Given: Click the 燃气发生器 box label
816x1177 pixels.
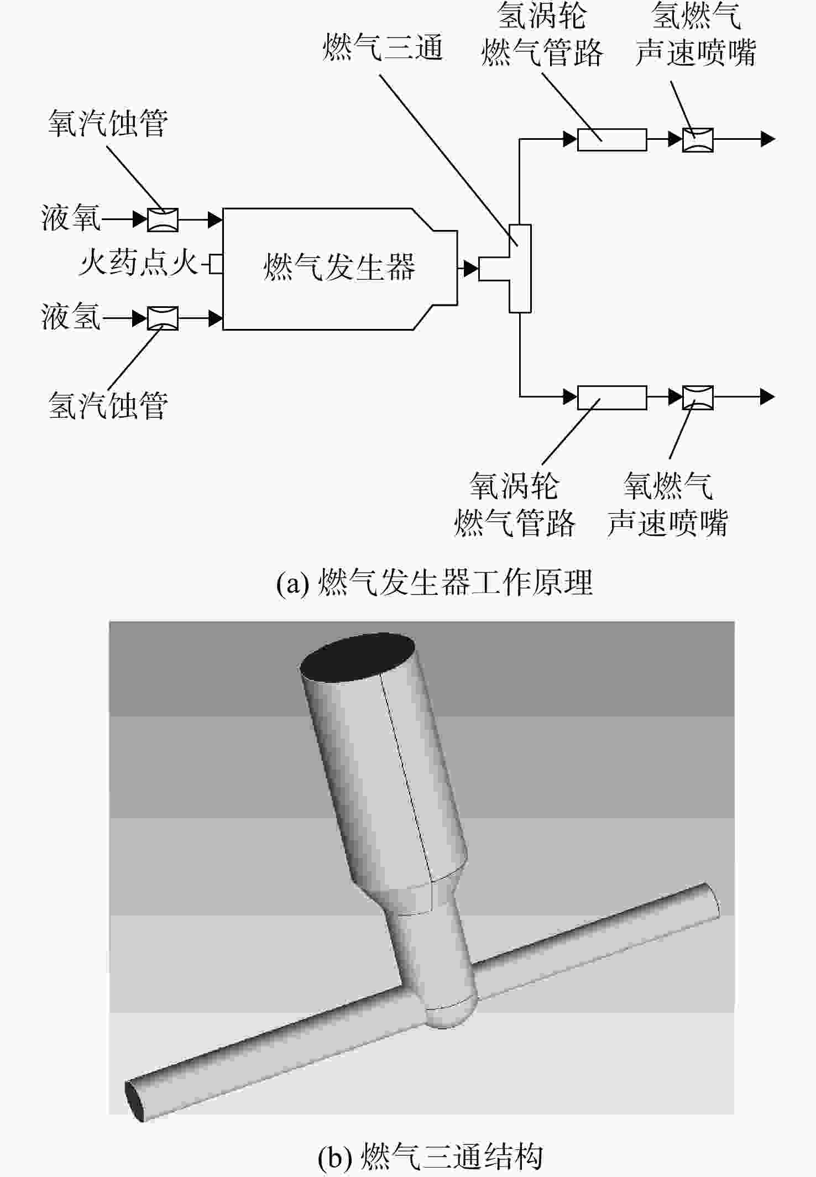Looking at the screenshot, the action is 339,267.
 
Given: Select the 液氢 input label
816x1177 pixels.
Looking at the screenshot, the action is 71,317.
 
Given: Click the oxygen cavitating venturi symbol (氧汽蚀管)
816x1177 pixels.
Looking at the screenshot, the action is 163,219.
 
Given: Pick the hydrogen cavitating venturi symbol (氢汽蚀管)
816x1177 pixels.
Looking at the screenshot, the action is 163,318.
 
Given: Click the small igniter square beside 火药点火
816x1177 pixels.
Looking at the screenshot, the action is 216,264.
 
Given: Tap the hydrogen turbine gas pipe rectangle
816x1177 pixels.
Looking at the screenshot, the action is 612,140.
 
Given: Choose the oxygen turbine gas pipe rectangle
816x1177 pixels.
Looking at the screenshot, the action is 612,397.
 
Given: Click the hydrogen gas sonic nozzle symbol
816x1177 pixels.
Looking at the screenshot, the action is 698,140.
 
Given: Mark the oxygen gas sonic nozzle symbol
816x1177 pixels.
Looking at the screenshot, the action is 698,397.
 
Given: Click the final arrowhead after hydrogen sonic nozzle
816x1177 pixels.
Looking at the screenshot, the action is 768,139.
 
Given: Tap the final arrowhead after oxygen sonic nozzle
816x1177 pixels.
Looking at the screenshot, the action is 768,397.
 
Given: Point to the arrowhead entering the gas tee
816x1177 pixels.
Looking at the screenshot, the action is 471,269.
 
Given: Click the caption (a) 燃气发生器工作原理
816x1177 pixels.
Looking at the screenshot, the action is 435,583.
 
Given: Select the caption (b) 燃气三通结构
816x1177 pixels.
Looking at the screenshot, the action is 430,1156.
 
